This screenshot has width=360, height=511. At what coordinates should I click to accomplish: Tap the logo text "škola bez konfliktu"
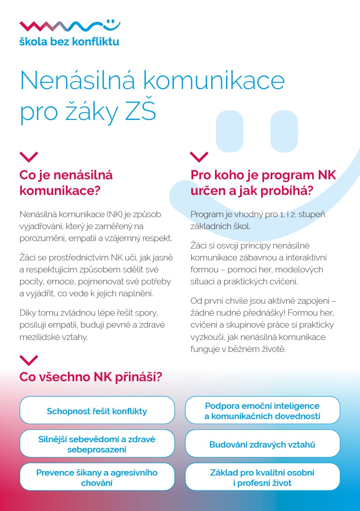point(69,41)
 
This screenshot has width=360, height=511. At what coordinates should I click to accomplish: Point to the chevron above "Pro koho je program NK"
point(199,157)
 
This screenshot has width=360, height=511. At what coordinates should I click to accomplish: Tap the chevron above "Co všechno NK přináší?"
point(29,360)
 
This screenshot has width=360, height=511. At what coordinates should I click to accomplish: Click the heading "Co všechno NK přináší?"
point(91,377)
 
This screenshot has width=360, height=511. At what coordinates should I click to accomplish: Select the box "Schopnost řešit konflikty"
point(97,411)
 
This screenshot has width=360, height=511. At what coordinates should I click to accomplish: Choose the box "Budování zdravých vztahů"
point(262,445)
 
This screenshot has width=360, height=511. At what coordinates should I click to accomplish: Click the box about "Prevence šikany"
point(97,478)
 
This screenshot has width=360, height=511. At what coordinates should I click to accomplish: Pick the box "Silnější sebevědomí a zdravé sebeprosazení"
point(97,444)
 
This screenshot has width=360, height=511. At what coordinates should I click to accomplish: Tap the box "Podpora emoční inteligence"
point(262,411)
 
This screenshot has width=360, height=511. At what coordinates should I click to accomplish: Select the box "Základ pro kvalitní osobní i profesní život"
point(262,478)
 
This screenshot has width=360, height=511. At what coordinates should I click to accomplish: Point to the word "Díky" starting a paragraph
point(28,313)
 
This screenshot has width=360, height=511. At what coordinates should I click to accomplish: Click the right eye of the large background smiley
point(284,131)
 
